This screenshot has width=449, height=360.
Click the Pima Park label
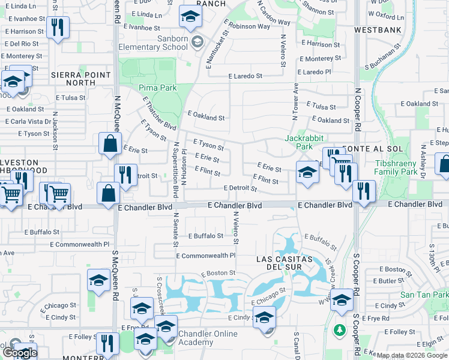pyautogui.click(x=158, y=88)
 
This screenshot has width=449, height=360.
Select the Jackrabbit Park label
pyautogui.click(x=298, y=142)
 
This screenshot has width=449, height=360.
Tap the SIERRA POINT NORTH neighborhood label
pyautogui.click(x=82, y=79)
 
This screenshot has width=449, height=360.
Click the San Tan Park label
pyautogui.click(x=424, y=295)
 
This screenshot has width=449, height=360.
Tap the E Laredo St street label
pyautogui.click(x=245, y=76)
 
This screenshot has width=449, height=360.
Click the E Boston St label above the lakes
pyautogui.click(x=218, y=273)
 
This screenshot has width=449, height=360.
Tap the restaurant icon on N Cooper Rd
pyautogui.click(x=364, y=191)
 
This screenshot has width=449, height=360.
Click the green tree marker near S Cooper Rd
pyautogui.click(x=339, y=330)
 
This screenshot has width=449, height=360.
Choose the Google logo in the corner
pyautogui.click(x=19, y=353)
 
